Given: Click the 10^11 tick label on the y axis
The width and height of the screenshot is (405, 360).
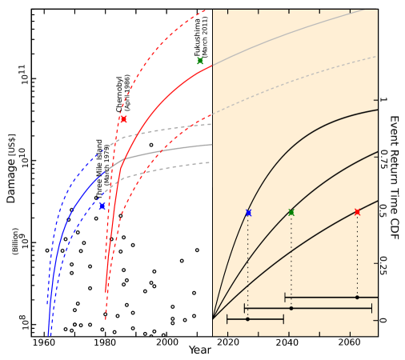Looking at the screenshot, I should (x=22, y=74).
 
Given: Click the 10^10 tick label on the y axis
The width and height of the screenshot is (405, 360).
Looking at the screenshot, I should (x=22, y=157).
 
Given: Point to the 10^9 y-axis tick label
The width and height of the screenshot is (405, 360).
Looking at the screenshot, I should (x=22, y=241).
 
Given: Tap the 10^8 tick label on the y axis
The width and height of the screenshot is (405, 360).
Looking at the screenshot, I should (x=22, y=322).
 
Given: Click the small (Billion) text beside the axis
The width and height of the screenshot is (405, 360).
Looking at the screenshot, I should (x=15, y=241).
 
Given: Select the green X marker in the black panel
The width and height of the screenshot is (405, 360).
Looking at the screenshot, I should (x=200, y=61).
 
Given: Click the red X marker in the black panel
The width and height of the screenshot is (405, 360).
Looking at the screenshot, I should (x=123, y=119).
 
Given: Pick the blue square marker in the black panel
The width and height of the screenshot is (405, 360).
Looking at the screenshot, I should (x=102, y=206).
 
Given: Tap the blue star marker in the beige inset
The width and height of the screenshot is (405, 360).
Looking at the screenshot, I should (x=248, y=213).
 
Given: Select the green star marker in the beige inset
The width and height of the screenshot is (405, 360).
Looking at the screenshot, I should (x=291, y=212).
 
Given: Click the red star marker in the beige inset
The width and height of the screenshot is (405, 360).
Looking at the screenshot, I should (x=357, y=212).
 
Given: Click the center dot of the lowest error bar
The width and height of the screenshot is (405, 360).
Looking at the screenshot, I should (x=247, y=319).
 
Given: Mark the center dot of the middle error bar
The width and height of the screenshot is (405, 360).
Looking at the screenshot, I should (x=291, y=308).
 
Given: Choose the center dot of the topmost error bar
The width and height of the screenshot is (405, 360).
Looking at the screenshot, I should (x=357, y=298).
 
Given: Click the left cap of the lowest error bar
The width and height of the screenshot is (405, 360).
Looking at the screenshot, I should (x=227, y=319).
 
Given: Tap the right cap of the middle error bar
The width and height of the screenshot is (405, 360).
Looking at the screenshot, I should (x=371, y=308).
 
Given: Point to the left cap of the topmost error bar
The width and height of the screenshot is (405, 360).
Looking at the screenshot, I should (x=285, y=298).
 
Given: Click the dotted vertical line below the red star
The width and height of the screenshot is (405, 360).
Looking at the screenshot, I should (x=357, y=256).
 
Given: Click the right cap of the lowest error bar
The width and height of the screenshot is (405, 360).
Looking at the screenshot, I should (x=283, y=319).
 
